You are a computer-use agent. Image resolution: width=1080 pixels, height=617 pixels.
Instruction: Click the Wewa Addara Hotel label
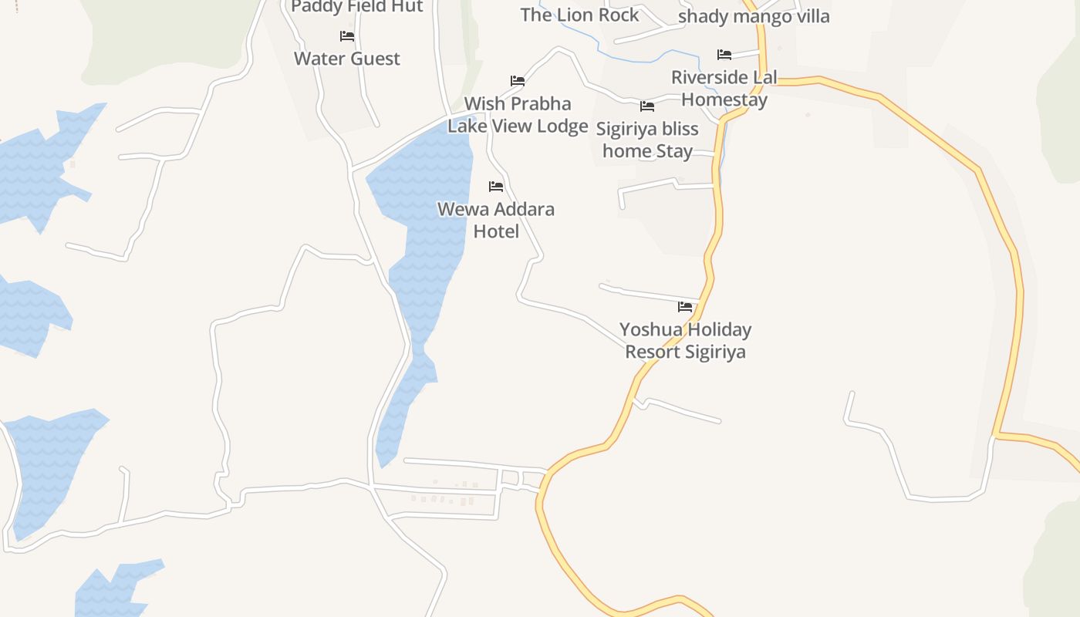coord(495,220)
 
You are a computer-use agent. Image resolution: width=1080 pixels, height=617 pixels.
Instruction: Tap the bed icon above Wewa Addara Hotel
coord(496,187)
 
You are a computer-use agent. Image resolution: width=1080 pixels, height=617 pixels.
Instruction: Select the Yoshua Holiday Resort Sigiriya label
coord(685,340)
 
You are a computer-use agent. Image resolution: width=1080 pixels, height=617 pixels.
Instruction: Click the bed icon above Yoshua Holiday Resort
coord(685,307)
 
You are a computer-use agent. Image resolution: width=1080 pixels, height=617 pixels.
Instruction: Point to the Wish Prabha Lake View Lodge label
coord(518,115)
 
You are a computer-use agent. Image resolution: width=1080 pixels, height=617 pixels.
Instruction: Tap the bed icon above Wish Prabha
coord(518,81)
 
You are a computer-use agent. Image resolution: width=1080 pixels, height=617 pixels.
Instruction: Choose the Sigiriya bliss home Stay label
coord(647,140)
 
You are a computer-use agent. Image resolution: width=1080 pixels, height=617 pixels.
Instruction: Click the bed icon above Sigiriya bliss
coord(647,106)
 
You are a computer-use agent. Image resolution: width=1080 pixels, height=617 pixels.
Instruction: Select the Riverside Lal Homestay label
coord(724,89)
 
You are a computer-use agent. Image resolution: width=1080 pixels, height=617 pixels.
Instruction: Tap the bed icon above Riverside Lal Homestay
coord(724,55)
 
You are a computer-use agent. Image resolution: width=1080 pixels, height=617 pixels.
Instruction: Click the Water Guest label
coord(347,59)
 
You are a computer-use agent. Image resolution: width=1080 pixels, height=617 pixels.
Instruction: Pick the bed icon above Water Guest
coord(347,36)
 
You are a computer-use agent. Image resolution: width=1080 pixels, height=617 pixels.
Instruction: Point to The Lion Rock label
coord(579,15)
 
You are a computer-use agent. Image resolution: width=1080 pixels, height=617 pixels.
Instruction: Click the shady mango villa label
coord(754,16)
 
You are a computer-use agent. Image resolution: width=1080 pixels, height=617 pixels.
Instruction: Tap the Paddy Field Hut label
coord(357,6)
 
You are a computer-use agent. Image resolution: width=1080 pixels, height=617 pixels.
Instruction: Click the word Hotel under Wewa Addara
coord(495,231)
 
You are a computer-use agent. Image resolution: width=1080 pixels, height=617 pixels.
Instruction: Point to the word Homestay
coord(724,100)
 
